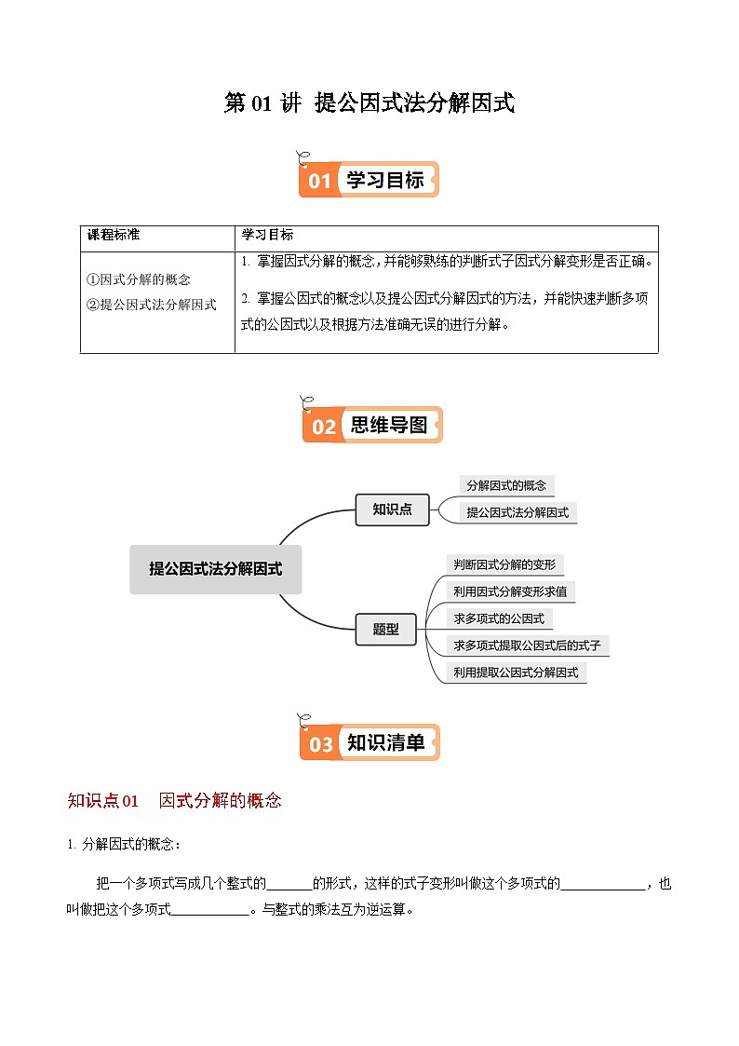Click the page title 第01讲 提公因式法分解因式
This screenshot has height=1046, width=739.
point(369,103)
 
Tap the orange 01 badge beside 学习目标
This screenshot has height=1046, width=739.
point(319,181)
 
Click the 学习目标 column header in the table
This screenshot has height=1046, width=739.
point(267,235)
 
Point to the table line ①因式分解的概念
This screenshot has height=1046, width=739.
point(139,279)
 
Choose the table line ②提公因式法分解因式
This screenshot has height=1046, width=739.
point(152,304)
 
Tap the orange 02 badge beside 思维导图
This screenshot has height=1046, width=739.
point(323,428)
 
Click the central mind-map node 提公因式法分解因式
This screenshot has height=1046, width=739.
point(215,569)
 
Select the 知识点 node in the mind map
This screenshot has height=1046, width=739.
point(392,509)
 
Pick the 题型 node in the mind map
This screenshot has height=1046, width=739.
point(385,629)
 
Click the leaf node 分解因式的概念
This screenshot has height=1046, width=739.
point(506,485)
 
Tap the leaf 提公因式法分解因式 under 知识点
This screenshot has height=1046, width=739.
point(517,512)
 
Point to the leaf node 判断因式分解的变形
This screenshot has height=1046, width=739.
point(504,564)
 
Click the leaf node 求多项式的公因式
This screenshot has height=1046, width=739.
point(498,618)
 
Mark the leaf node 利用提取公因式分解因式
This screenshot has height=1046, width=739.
point(515,672)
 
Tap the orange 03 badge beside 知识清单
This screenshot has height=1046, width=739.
point(321,744)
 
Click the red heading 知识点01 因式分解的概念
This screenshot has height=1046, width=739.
point(174,800)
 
